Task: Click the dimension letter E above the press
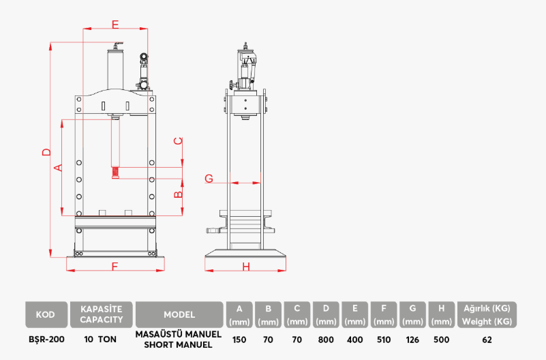(115, 25)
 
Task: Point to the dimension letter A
(58, 167)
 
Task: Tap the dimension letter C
(178, 141)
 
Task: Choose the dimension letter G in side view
(209, 179)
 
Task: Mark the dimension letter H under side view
(246, 266)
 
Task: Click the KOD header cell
(46, 314)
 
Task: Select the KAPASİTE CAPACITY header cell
(102, 314)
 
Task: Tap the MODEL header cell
(179, 314)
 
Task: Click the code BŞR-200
(46, 339)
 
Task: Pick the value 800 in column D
(327, 339)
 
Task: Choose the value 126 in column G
(412, 339)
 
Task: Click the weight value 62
(487, 339)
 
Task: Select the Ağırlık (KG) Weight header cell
(487, 314)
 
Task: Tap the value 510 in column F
(384, 339)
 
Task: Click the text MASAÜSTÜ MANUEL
(179, 334)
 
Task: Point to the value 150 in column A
(239, 339)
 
